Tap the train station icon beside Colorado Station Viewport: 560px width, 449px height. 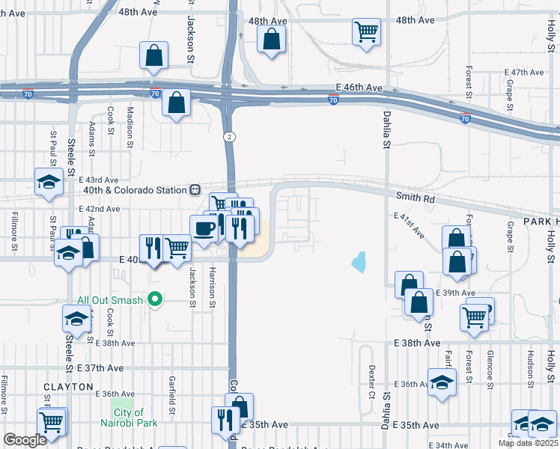[x=194, y=190]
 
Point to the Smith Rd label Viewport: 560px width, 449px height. [x=416, y=200]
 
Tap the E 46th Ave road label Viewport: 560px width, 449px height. [x=359, y=88]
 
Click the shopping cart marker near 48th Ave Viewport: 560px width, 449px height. [x=366, y=31]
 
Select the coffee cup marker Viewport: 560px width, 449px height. [x=204, y=229]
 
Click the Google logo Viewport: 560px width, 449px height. [x=25, y=440]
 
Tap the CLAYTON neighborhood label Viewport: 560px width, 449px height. [x=68, y=387]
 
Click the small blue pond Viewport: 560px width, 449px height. [x=359, y=262]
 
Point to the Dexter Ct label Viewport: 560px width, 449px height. [x=371, y=382]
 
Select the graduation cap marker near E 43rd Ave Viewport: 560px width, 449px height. [x=49, y=182]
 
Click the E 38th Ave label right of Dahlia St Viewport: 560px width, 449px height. [x=417, y=343]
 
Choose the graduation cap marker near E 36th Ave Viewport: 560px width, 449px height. [x=442, y=382]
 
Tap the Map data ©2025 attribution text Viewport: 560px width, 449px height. [x=528, y=443]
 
